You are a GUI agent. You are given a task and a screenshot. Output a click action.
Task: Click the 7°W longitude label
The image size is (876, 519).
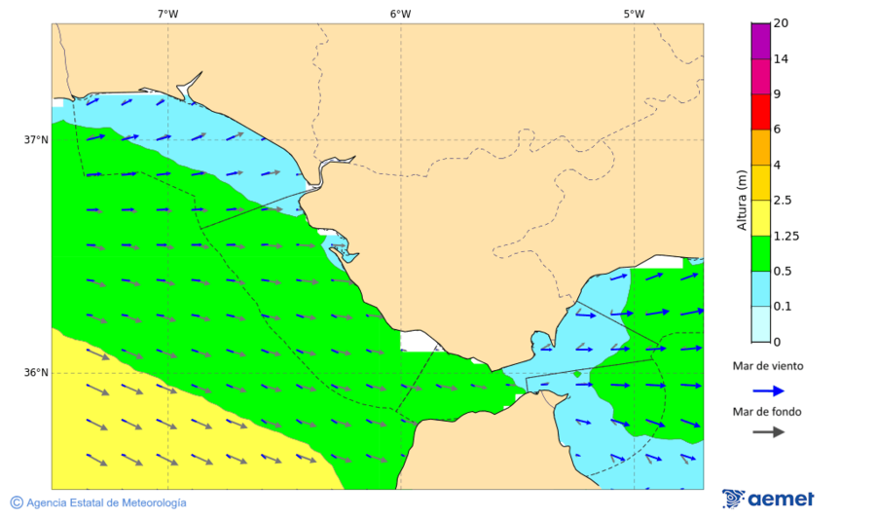167,14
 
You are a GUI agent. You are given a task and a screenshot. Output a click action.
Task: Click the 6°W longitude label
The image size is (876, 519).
400,14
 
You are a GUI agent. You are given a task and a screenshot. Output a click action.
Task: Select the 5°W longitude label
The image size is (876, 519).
634,14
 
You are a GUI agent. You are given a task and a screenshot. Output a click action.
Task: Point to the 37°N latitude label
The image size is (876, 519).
36,139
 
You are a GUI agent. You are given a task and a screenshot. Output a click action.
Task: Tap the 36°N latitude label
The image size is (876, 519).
36,373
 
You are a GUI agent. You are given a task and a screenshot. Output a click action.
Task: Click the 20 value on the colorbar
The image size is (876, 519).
781,23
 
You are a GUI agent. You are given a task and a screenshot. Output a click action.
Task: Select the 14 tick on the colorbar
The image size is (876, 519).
781,58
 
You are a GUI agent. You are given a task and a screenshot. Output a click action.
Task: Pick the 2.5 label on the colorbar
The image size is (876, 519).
783,201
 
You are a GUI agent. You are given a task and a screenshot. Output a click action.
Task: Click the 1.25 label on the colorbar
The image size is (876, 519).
785,236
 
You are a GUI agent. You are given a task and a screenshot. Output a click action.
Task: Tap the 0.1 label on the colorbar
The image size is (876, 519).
783,307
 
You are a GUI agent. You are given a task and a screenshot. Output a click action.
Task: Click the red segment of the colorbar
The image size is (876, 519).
760,111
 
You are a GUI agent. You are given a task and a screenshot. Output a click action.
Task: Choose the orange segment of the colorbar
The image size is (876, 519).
760,147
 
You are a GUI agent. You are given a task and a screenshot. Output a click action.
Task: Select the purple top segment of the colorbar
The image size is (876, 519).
760,40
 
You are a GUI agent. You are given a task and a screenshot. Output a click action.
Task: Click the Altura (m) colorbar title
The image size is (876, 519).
741,200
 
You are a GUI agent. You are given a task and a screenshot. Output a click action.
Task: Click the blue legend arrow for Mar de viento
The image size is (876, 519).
768,390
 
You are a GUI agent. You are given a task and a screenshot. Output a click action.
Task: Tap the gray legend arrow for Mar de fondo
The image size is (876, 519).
768,431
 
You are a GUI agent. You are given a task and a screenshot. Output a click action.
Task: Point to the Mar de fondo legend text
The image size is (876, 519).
768,411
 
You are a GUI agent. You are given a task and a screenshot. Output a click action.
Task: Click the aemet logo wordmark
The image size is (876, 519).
781,500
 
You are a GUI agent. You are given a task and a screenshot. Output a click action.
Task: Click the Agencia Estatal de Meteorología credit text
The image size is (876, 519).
106,502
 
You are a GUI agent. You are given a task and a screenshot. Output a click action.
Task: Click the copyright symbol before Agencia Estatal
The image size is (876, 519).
17,502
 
